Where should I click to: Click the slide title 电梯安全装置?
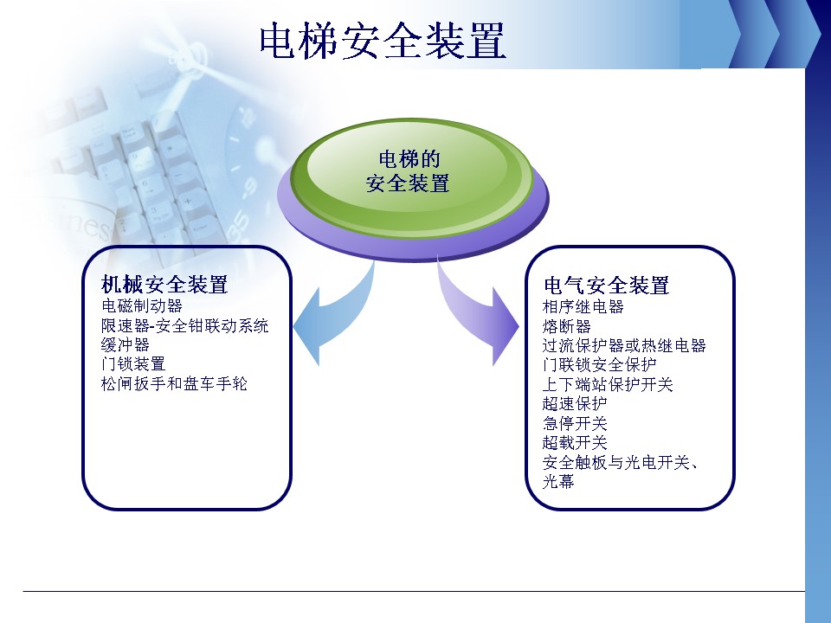click(383, 41)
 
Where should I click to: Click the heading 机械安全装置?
click(164, 285)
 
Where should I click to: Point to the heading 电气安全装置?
click(606, 286)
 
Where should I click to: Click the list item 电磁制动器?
click(141, 305)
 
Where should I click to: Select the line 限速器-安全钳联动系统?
click(184, 325)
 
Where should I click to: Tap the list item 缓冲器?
click(125, 345)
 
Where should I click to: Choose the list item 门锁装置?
click(133, 364)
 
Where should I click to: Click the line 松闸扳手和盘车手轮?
click(174, 383)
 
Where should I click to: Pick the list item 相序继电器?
click(583, 306)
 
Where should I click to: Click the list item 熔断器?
click(566, 326)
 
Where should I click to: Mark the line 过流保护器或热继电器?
click(624, 346)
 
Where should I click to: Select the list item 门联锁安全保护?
click(599, 365)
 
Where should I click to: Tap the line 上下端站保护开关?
click(608, 384)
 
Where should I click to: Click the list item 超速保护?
click(575, 404)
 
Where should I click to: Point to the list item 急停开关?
click(575, 424)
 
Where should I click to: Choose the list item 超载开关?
click(575, 443)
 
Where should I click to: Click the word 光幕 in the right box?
click(558, 482)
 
